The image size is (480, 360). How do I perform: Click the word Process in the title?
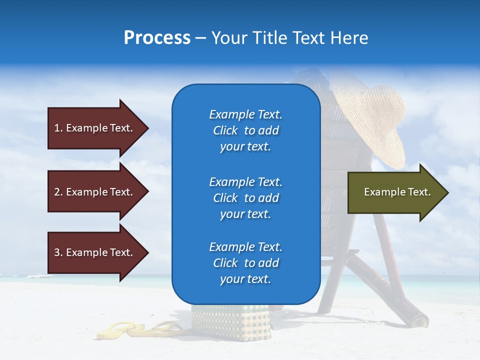tap(157, 38)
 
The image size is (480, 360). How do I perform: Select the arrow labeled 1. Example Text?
tap(95, 128)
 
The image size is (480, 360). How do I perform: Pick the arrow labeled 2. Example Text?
tap(95, 192)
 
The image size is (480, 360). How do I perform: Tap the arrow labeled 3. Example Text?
tap(95, 252)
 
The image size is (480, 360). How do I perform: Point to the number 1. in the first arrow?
tap(58, 128)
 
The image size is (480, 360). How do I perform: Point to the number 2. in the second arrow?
tap(58, 192)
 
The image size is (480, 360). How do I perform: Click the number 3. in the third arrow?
tap(58, 252)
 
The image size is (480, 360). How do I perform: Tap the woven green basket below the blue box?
tap(230, 322)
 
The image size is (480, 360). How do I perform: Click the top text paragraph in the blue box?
tap(245, 130)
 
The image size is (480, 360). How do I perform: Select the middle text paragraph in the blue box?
tap(245, 198)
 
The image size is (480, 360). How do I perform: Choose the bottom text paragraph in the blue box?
tap(245, 263)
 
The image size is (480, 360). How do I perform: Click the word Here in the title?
tap(349, 38)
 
